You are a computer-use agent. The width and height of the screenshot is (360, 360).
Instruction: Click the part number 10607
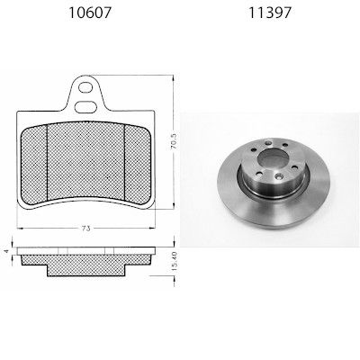[x=90, y=13]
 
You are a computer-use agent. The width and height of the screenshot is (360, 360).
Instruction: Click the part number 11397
[x=270, y=13]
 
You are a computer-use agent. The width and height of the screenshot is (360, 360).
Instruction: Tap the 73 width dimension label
[x=85, y=229]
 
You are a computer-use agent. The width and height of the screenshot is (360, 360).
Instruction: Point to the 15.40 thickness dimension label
[x=175, y=262]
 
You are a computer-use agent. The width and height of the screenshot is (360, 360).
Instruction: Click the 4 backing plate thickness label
[x=7, y=251]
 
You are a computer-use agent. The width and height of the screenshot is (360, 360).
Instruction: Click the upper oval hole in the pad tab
[x=85, y=87]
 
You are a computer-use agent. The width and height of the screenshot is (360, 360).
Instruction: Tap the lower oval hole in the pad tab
[x=85, y=107]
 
